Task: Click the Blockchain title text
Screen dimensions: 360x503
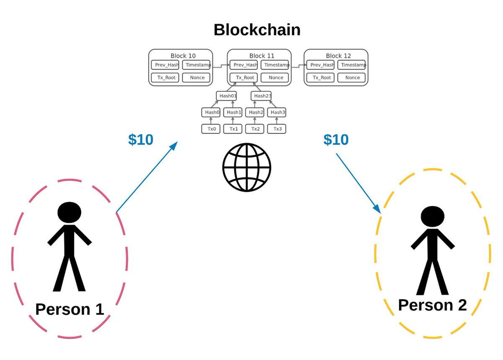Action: [257, 30]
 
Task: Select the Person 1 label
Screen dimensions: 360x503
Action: [70, 310]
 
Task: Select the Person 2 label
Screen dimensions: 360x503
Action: [432, 305]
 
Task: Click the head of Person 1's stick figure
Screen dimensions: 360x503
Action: [70, 213]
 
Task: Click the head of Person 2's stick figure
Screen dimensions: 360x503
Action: [432, 217]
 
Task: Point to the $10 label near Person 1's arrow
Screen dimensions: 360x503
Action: [140, 140]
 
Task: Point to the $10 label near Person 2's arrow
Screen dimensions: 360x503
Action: [336, 140]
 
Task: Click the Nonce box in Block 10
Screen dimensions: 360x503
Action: [197, 78]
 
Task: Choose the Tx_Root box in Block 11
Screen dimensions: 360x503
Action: [245, 78]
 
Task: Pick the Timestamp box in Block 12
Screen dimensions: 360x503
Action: [352, 65]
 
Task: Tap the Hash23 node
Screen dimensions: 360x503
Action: [262, 96]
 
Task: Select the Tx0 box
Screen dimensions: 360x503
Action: [211, 129]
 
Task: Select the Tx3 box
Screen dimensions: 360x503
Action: [277, 129]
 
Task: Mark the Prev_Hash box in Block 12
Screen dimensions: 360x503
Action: [321, 65]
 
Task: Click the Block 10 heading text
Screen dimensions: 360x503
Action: [183, 56]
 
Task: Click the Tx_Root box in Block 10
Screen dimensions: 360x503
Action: [165, 78]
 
